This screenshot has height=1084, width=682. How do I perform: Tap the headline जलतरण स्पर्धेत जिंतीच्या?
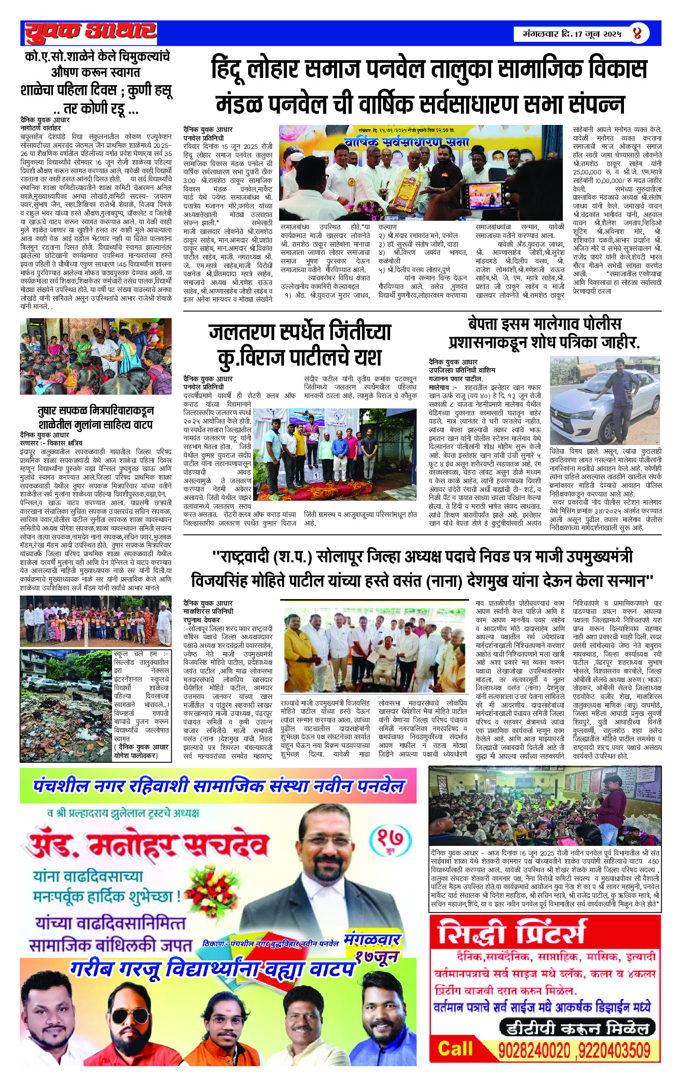tap(300, 332)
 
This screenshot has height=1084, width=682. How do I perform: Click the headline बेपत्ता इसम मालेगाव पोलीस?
tap(544, 324)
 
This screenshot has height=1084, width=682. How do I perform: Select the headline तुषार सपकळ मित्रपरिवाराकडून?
tap(96, 410)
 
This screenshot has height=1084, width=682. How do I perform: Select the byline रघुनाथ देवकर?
tap(202, 620)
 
